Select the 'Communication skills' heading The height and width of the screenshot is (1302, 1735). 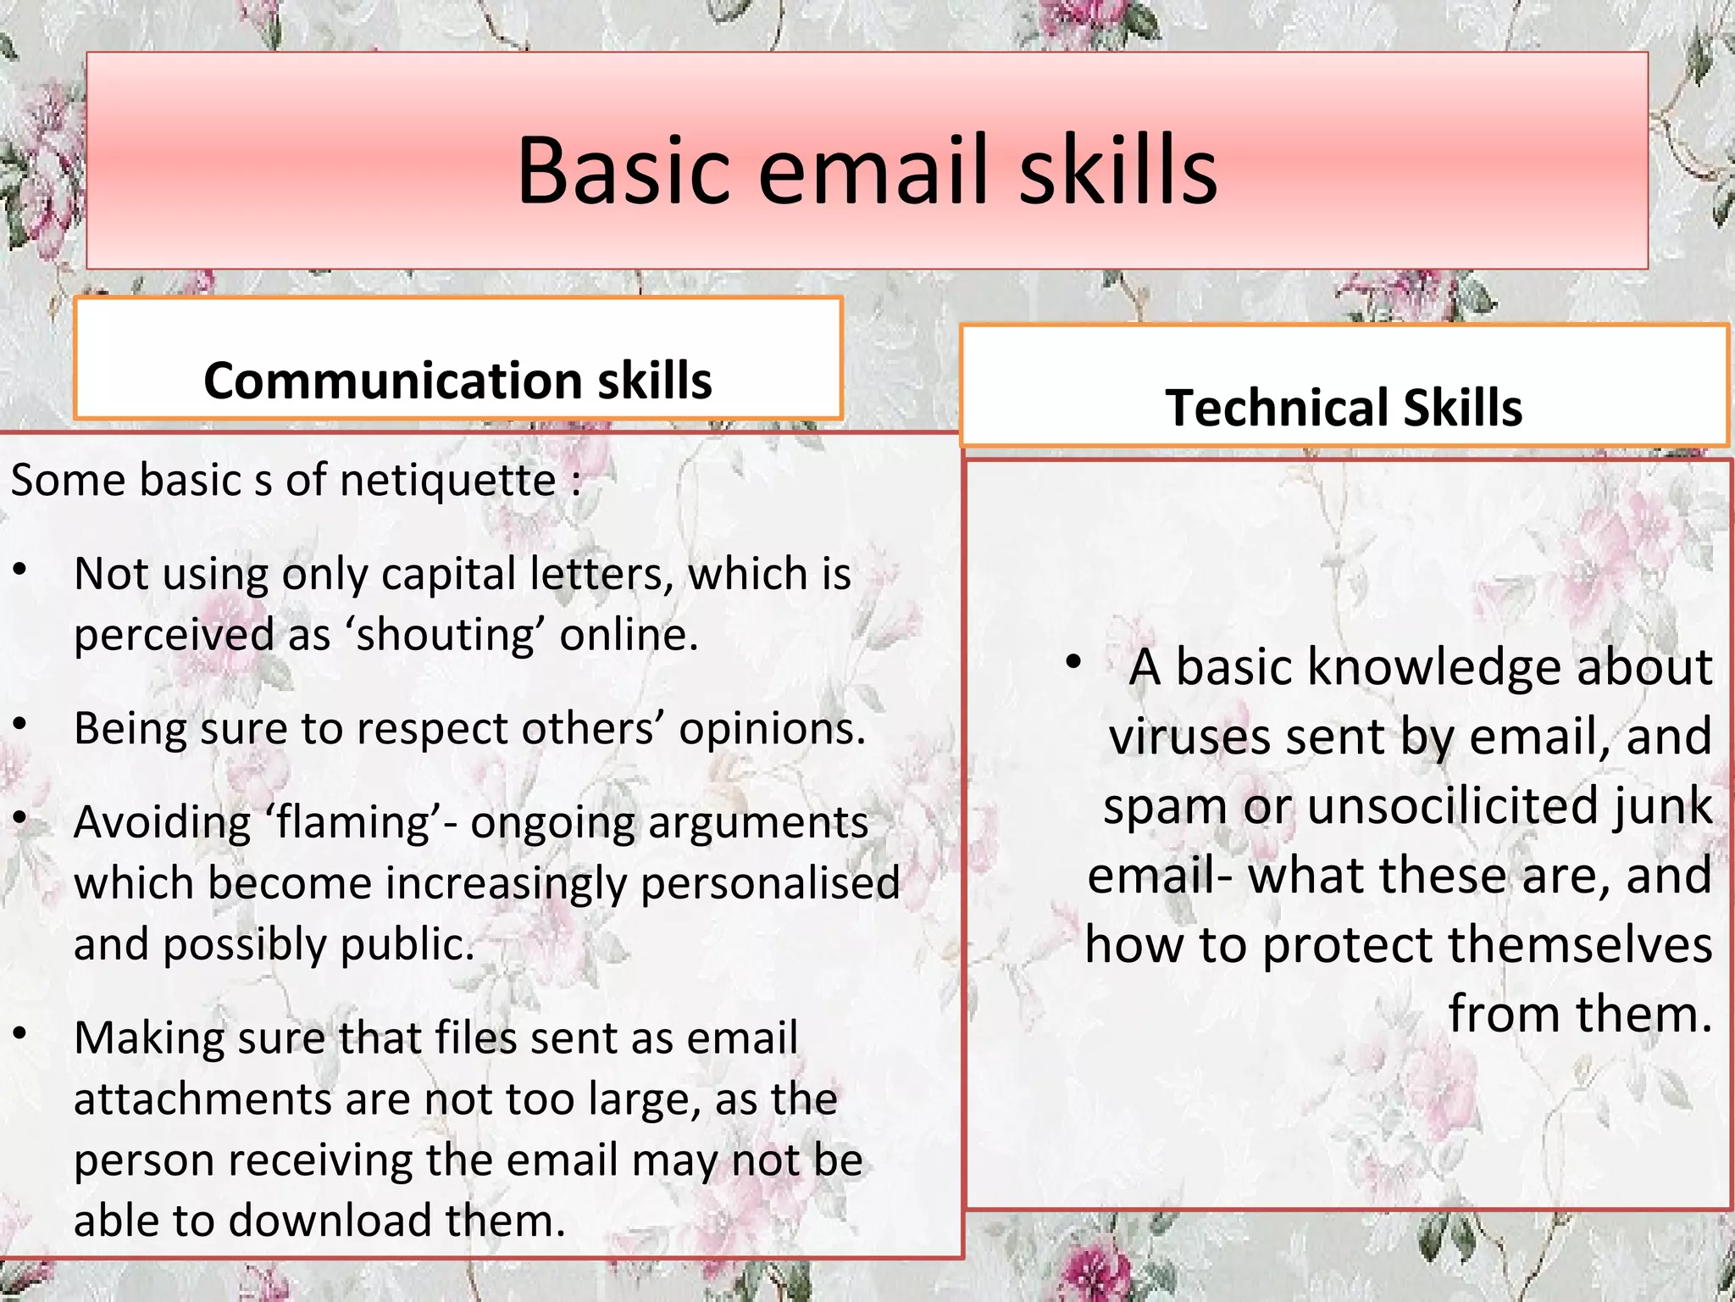[457, 380]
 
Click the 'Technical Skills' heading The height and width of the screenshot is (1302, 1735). [1344, 407]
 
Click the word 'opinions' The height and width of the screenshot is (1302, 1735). [771, 728]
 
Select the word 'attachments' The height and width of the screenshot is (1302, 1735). [202, 1099]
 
